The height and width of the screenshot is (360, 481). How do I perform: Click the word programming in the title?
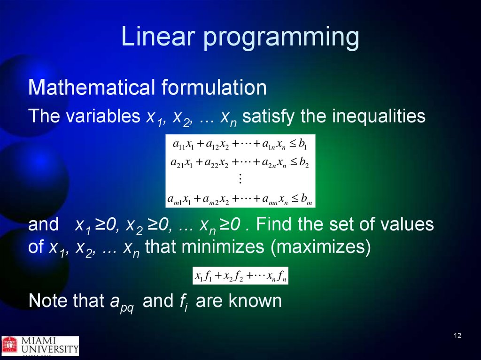pos(281,38)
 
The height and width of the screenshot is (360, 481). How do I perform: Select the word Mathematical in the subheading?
pos(92,87)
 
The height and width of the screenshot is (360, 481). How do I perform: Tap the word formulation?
pos(214,87)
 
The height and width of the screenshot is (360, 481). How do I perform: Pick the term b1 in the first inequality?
pos(303,144)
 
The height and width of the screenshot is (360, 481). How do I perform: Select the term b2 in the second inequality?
pos(304,162)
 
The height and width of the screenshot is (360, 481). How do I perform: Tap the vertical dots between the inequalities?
pos(240,178)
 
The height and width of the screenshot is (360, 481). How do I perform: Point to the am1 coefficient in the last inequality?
pos(175,199)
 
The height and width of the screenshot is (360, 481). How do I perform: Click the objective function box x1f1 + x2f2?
pos(240,276)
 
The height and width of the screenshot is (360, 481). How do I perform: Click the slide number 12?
pos(458,336)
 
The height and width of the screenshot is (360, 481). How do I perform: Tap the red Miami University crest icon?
pos(10,345)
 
